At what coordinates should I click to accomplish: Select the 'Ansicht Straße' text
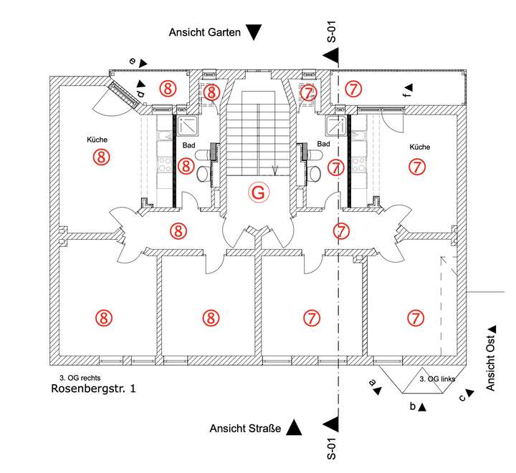[245, 429]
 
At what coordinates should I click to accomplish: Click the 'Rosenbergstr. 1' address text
[93, 389]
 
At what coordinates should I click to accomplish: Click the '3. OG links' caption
[437, 379]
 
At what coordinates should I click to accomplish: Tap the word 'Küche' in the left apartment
[97, 141]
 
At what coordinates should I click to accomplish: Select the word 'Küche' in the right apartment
[419, 147]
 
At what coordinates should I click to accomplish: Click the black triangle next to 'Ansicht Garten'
[254, 32]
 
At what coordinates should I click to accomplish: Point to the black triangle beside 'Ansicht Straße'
[293, 429]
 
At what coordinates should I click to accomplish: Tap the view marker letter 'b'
[412, 406]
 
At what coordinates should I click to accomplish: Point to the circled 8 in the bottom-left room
[104, 317]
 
